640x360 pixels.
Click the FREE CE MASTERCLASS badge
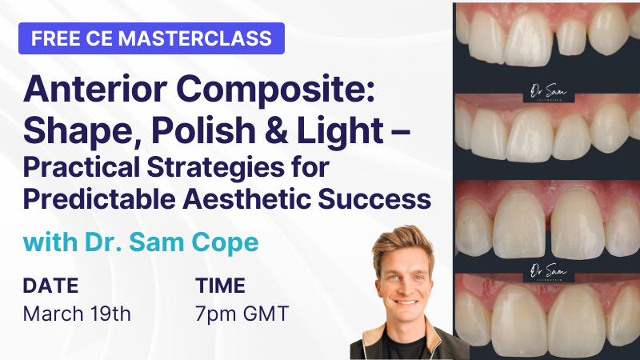click(151, 38)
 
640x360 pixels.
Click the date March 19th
click(77, 313)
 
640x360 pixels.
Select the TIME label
click(220, 286)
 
